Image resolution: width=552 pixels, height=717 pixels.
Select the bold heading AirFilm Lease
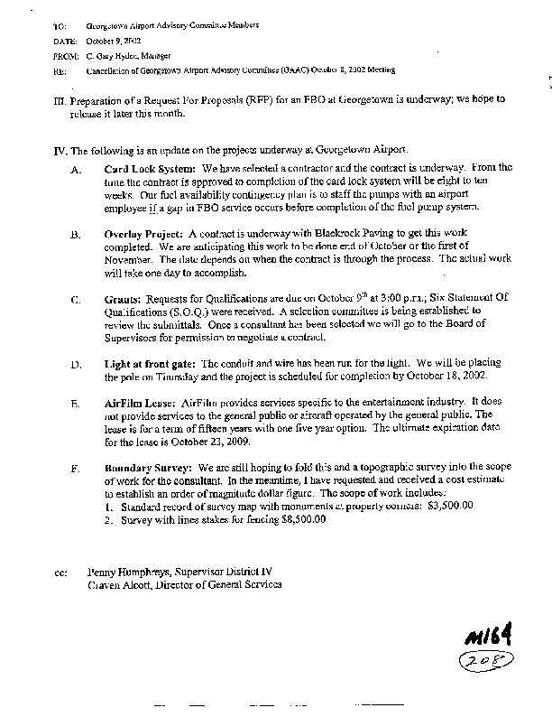pos(139,404)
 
